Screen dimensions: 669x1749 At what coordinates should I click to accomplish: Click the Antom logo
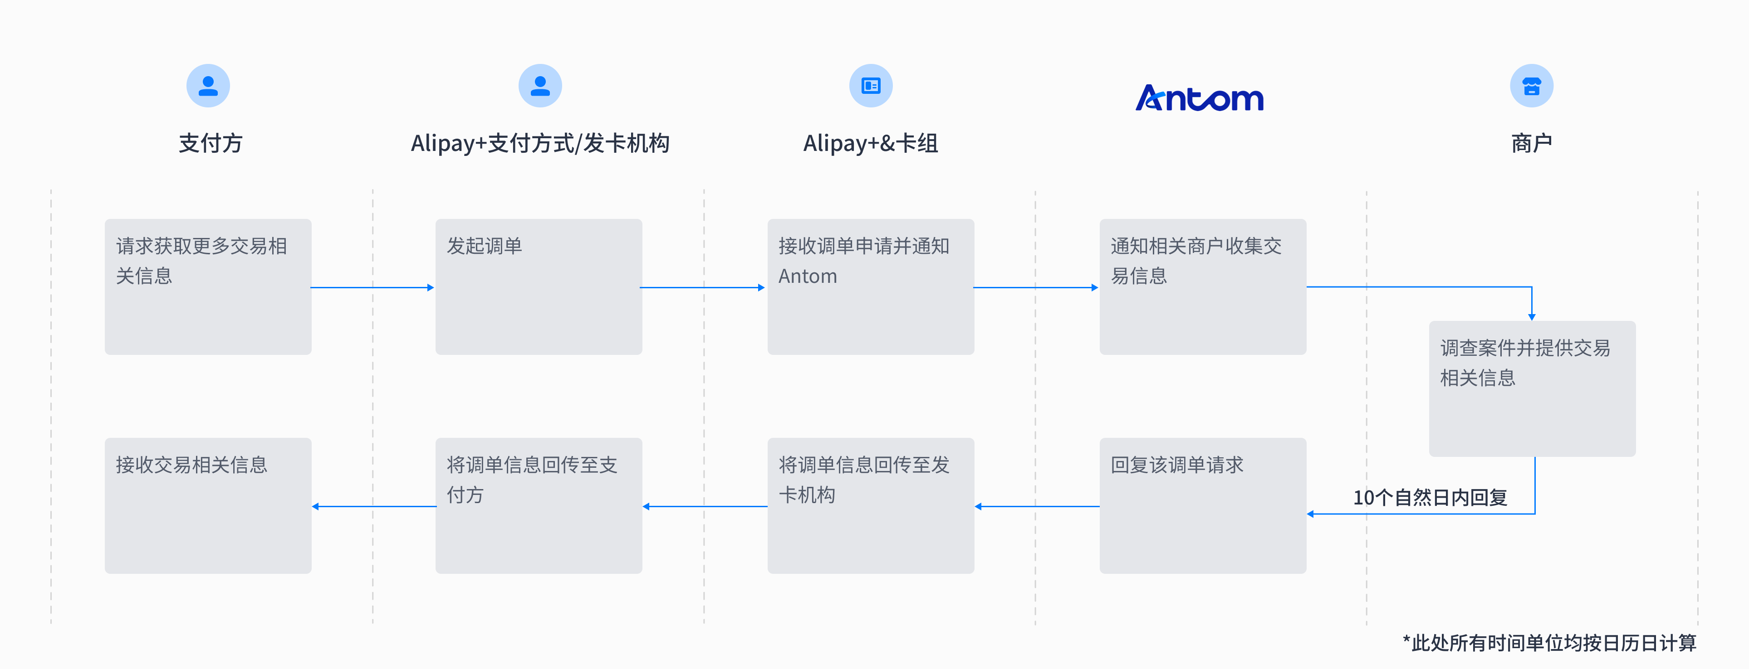[1199, 98]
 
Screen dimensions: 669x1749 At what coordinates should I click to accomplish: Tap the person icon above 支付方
[208, 86]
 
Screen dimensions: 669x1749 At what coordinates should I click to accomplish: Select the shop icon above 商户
[1531, 86]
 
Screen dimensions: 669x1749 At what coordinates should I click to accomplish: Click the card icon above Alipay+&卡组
[871, 86]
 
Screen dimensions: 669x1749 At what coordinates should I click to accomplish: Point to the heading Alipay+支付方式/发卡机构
[540, 143]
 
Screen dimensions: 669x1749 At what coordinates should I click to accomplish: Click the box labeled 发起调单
[539, 286]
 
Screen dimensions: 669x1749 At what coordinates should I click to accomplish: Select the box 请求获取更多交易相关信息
[208, 286]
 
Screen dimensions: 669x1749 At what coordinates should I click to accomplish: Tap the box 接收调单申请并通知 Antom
[871, 286]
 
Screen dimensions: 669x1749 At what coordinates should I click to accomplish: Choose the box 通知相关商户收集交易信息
[1202, 286]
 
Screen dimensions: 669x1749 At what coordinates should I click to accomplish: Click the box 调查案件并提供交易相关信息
[1532, 388]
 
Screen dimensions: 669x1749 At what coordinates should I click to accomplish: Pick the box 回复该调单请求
[1202, 505]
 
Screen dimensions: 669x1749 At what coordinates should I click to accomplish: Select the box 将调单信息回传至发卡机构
[871, 505]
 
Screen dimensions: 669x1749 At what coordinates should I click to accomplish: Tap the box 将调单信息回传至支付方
[539, 505]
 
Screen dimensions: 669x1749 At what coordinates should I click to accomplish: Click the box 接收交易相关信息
[208, 505]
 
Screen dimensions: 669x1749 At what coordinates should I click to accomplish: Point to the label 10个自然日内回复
[1430, 497]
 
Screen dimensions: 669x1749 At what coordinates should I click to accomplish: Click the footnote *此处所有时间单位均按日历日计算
[1549, 643]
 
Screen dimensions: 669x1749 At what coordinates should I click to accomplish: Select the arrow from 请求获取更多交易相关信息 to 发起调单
[372, 288]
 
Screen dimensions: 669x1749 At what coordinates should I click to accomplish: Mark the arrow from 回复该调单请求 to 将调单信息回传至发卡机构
[1037, 506]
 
